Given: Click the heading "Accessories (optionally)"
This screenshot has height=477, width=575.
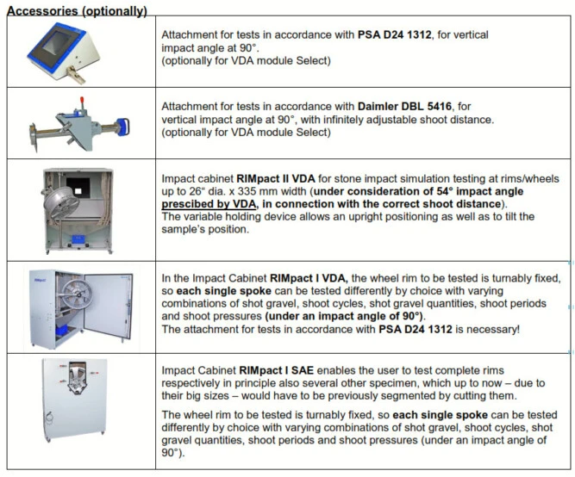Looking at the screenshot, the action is coord(77,10).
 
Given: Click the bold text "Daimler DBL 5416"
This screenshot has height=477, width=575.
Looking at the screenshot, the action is coord(404,106).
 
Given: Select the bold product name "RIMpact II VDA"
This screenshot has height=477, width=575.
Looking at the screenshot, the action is coord(276,179).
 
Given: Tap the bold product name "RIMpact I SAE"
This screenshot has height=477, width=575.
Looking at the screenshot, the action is coord(276,370).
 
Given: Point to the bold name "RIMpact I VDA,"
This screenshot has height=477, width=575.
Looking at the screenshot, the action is coord(309,278).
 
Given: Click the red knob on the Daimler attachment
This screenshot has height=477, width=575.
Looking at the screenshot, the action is coord(82,100).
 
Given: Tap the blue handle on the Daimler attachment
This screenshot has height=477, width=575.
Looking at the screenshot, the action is coord(123,127).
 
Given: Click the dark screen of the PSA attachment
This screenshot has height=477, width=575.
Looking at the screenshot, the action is coord(58,45).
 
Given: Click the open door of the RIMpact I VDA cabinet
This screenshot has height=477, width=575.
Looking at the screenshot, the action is coord(108,305).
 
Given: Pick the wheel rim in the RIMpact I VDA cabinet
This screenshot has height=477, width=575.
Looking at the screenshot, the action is coord(76,294).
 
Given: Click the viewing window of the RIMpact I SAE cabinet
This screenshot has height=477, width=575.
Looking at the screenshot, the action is coord(77,378).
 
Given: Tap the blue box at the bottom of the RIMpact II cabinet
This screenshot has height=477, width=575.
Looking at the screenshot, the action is coord(78,239).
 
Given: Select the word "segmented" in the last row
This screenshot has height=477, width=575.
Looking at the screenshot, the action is coord(421,396).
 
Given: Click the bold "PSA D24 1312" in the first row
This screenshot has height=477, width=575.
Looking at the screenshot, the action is coord(395,34).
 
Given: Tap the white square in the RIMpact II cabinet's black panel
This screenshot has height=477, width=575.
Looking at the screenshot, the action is coord(78,191).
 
